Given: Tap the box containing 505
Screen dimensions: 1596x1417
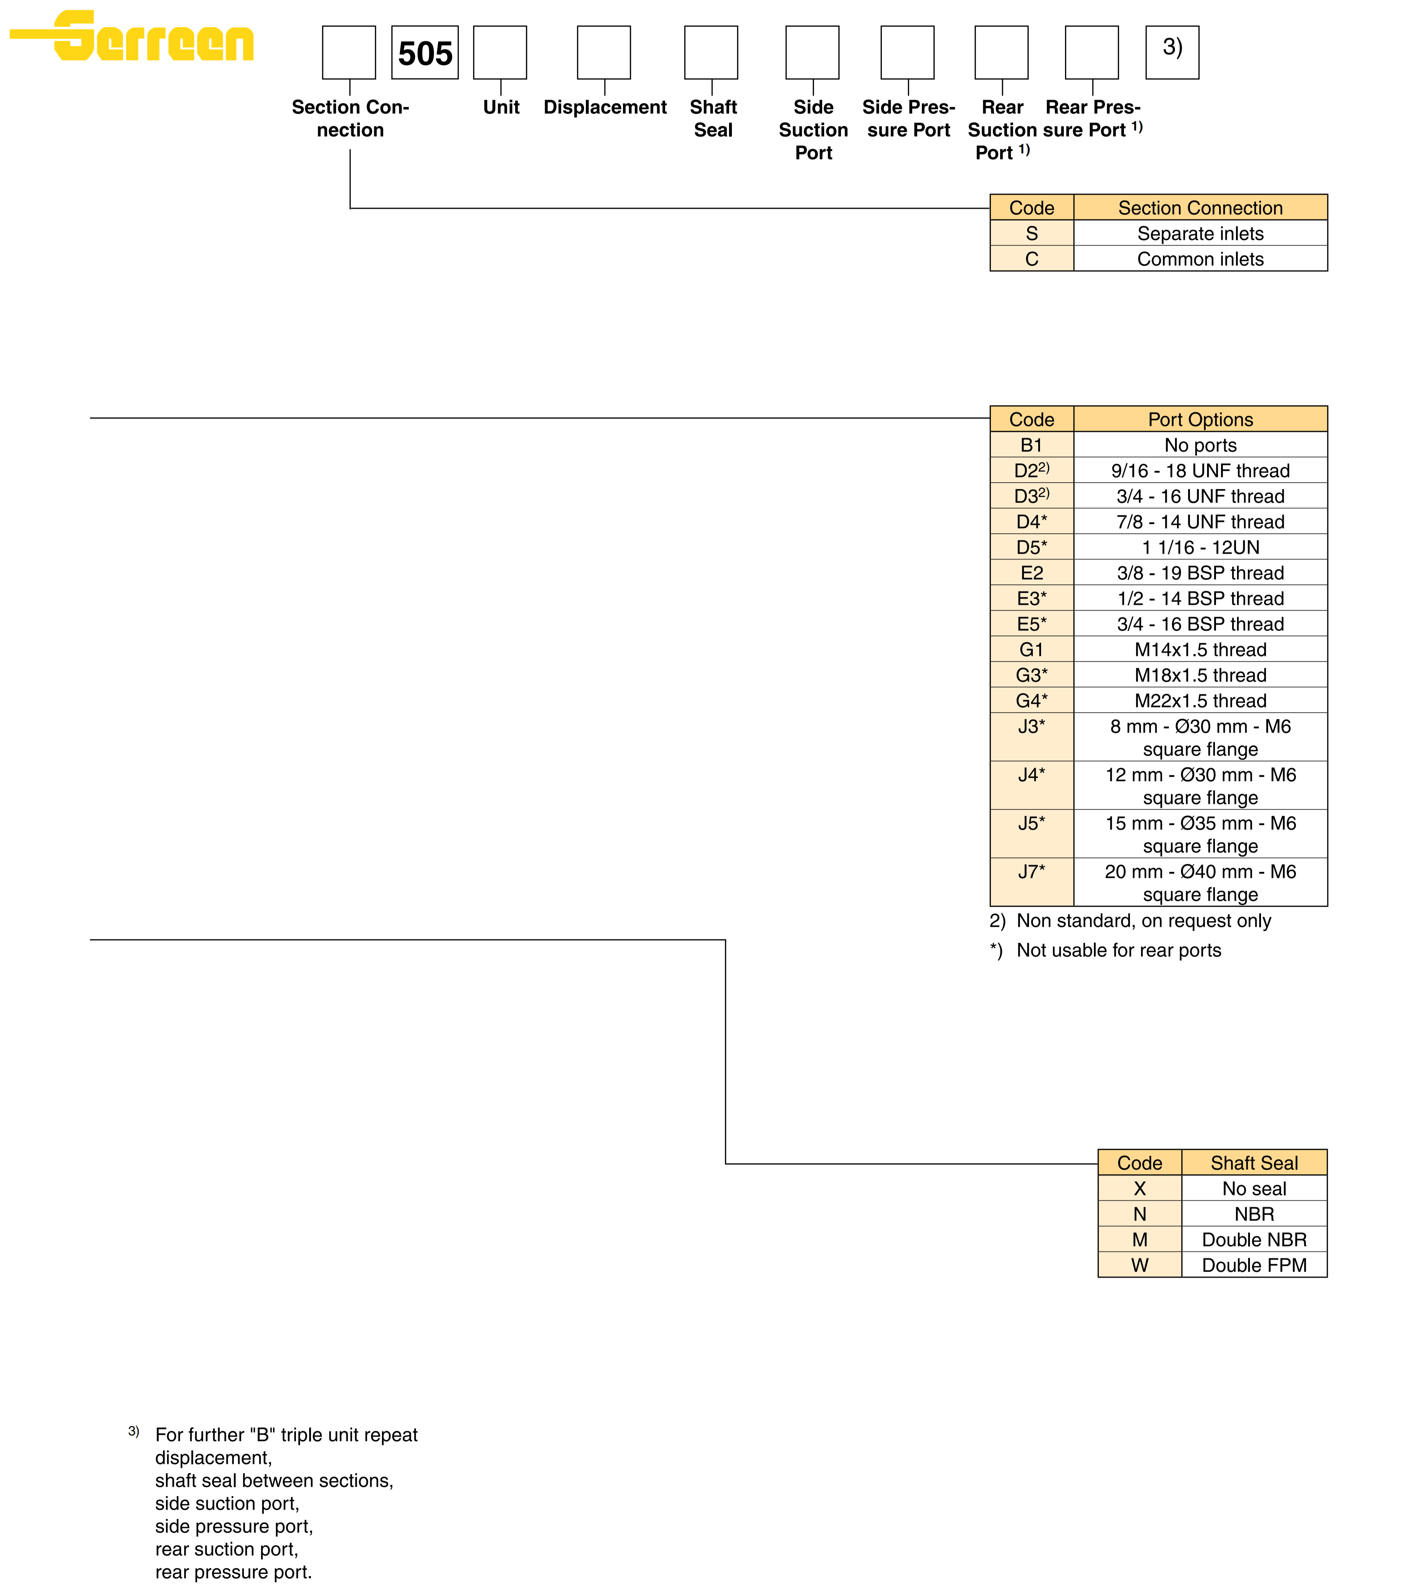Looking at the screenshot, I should [x=425, y=52].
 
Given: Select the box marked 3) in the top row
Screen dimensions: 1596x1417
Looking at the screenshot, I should [x=1172, y=52].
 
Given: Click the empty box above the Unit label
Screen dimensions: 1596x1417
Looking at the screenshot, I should [x=500, y=52].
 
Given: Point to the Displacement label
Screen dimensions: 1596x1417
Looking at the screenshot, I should [x=605, y=107].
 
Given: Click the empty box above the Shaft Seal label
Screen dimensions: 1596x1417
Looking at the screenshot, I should [x=710, y=52].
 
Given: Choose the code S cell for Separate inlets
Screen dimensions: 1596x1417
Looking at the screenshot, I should [x=1031, y=234].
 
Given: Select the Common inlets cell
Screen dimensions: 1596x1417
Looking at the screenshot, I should [x=1200, y=259].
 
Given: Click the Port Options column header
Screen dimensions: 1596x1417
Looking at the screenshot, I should [x=1200, y=419].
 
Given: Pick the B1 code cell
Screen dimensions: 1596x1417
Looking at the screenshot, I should [x=1031, y=445].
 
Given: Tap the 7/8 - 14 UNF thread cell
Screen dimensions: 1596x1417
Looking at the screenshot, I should [x=1200, y=522].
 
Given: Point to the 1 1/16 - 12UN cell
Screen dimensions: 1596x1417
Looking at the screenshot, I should [x=1200, y=547].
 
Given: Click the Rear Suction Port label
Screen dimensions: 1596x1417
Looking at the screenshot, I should [x=1003, y=130].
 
